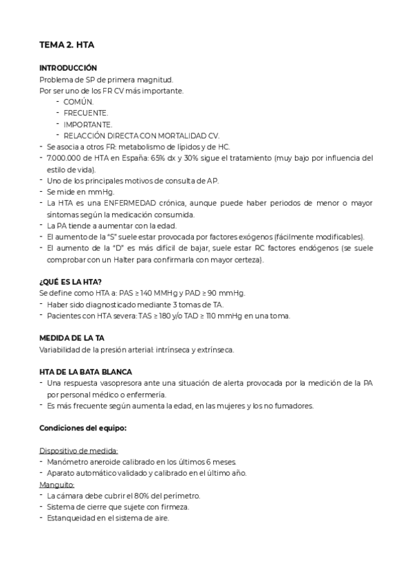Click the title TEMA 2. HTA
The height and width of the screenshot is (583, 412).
[x=67, y=45]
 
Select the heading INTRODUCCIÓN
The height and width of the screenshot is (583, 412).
[x=68, y=68]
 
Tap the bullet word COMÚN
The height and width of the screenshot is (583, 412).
[x=78, y=102]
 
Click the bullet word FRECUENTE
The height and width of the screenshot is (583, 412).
[x=85, y=113]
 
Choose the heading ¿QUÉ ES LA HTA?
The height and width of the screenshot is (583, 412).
[x=71, y=282]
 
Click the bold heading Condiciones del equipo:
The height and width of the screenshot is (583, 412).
[x=83, y=428]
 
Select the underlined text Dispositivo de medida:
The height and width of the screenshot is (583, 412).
[x=79, y=451]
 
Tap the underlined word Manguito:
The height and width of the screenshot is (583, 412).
[x=57, y=485]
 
